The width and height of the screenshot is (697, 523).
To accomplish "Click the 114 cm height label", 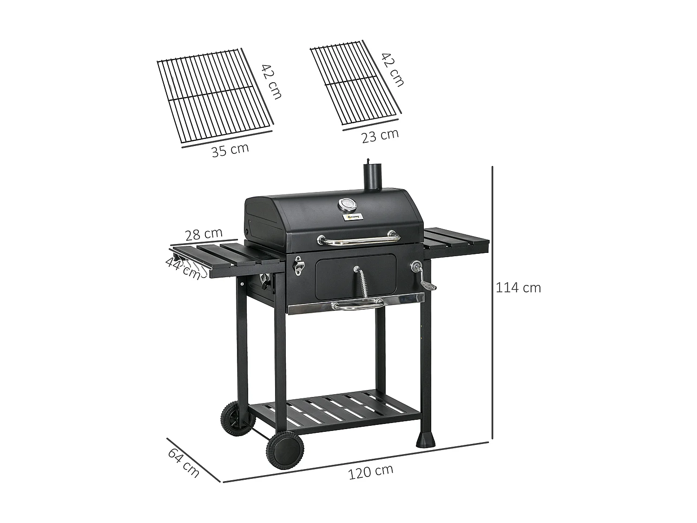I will pos(518,288).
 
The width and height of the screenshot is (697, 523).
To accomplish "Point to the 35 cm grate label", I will pos(230,150).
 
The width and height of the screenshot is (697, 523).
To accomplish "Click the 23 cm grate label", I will pos(380,135).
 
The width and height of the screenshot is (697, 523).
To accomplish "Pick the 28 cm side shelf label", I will pos(204,234).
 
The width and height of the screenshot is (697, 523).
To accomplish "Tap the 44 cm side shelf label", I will pos(183,268).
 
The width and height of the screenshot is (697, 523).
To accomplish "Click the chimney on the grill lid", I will pos(372,177).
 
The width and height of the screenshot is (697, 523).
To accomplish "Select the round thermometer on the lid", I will pos(346,205).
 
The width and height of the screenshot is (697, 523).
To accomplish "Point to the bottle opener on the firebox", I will pos(298,265).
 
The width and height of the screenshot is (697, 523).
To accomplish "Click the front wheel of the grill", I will pos(285,450).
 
